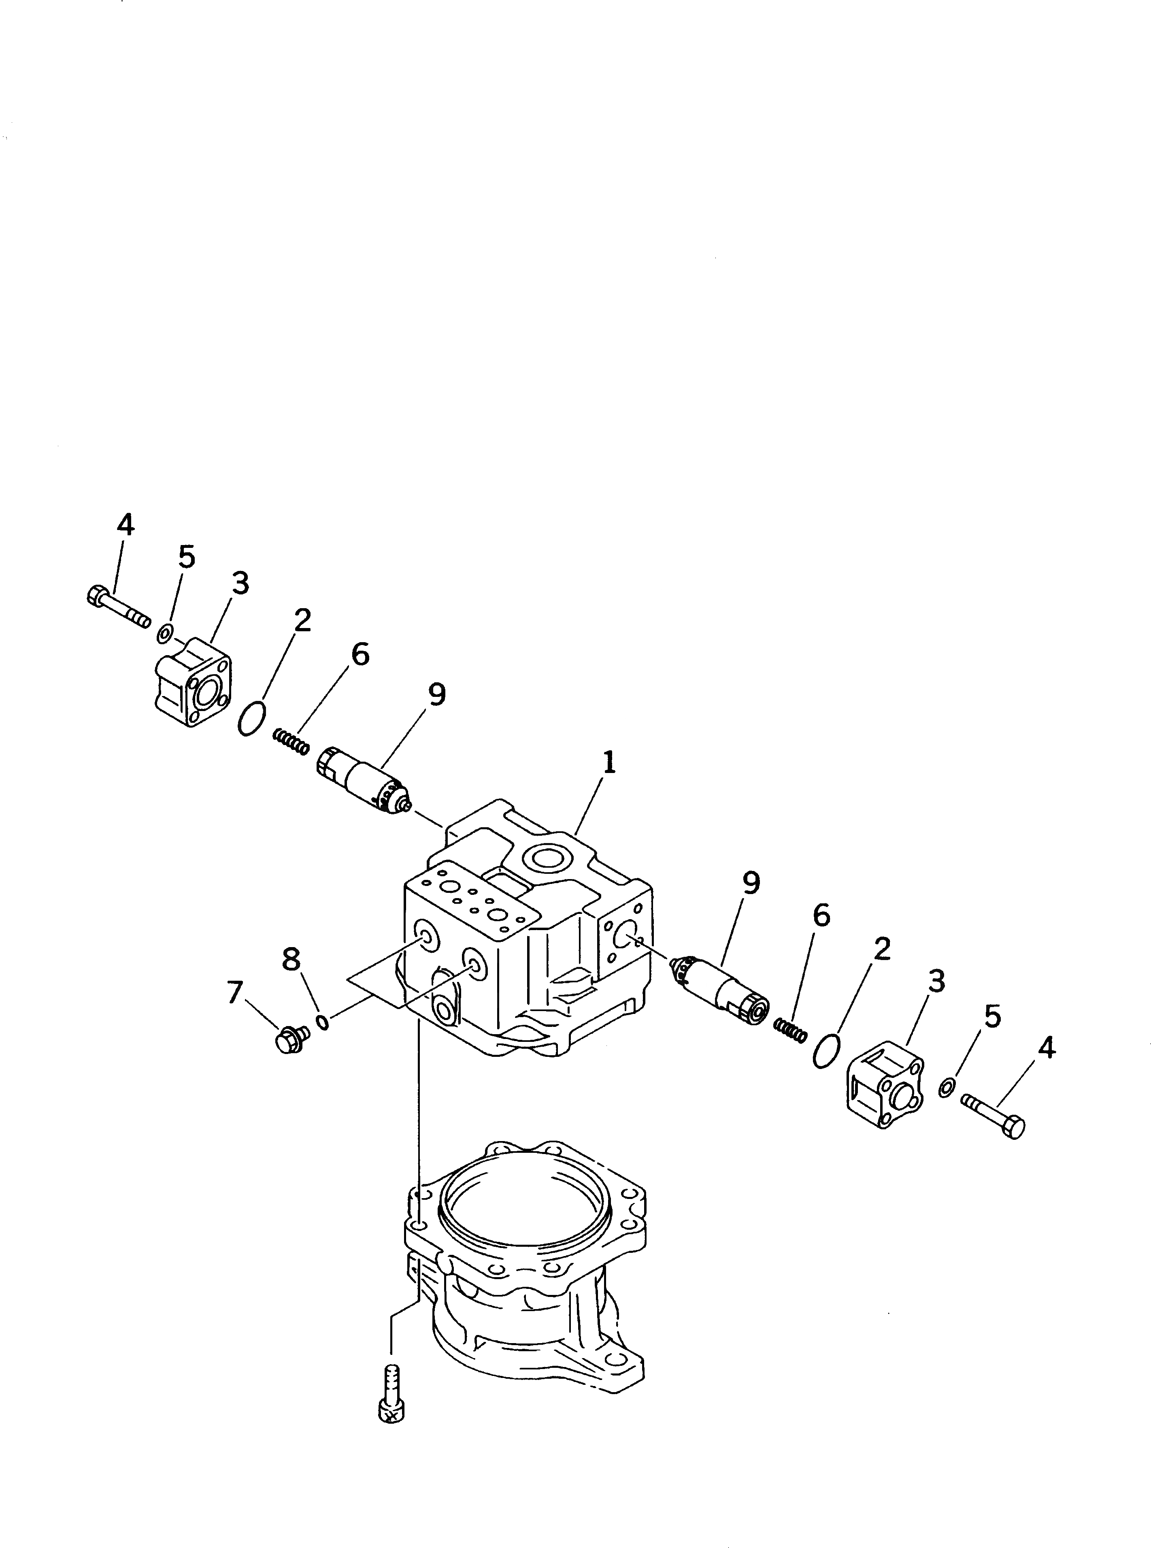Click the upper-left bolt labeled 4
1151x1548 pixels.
(119, 607)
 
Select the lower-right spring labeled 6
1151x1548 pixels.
(791, 1030)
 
